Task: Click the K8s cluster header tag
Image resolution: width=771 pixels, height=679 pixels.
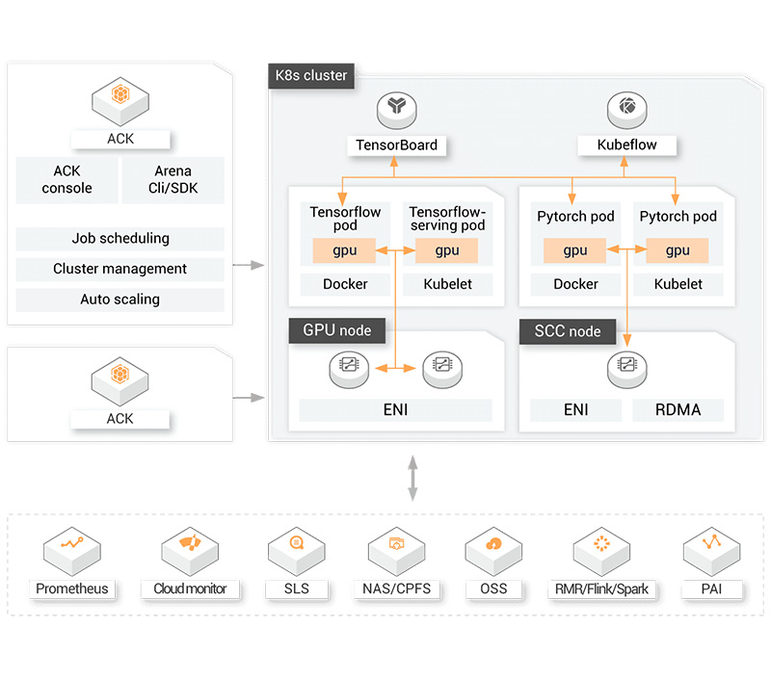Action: tap(311, 76)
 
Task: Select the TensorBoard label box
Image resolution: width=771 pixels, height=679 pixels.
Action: tap(396, 145)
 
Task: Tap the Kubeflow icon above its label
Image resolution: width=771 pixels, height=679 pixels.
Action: tap(627, 109)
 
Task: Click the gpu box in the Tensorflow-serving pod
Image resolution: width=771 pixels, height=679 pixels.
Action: tap(447, 250)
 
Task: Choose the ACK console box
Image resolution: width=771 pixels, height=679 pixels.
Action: tap(66, 180)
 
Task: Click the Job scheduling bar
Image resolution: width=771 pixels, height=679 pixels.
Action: tap(120, 238)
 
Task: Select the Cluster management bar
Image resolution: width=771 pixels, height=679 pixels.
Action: tap(120, 269)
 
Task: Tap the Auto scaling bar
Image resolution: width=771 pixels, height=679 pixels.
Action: tap(120, 300)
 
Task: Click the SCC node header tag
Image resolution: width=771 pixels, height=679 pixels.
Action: tap(567, 331)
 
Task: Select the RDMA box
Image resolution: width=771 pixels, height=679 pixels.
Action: tap(678, 410)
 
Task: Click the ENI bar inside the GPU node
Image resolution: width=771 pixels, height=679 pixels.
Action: tap(395, 410)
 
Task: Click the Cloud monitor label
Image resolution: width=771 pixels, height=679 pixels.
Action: tap(190, 588)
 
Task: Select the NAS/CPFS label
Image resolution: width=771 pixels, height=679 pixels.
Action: tap(396, 588)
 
